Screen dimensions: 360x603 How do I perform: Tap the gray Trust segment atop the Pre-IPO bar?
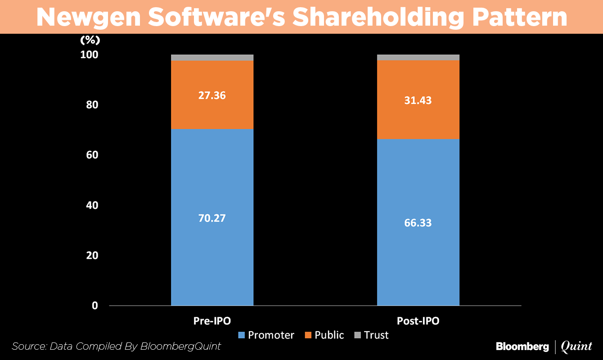click(212, 58)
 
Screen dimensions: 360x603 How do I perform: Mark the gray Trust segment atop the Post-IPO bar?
click(418, 57)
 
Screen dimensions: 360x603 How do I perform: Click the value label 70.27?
click(212, 218)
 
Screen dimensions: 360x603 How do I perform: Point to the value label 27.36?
click(212, 95)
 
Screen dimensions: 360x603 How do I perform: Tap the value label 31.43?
click(418, 100)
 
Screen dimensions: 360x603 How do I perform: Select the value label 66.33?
click(418, 223)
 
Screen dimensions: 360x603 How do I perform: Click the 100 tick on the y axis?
click(89, 55)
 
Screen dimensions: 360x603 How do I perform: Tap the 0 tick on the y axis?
click(94, 306)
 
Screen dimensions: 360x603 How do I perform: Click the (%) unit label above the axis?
click(90, 40)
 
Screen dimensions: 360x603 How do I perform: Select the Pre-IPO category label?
click(212, 321)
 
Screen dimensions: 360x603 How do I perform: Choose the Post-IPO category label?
click(418, 321)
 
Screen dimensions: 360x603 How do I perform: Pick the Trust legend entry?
click(371, 335)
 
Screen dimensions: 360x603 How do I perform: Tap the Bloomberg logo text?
click(522, 346)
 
